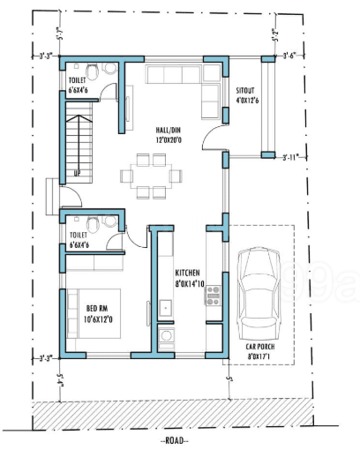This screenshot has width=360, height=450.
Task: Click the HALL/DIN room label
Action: pos(150,129)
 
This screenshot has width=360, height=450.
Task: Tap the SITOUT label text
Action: pos(246,90)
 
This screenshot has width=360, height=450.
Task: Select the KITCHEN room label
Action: pos(188,273)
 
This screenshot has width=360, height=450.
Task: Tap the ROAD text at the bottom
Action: pos(175,439)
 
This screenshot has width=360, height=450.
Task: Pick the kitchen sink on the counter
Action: pos(165,336)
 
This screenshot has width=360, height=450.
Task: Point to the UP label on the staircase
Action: pos(78,173)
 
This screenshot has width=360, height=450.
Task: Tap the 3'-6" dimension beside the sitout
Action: pos(288,56)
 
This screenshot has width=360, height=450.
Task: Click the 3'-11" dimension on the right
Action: pos(289,159)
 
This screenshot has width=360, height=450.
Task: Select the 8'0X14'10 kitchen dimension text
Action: pos(189,283)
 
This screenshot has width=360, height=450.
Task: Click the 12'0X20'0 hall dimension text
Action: pos(150,139)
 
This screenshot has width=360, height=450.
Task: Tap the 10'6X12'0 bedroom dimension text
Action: pos(99,319)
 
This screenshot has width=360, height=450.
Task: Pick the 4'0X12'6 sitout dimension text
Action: pos(246,101)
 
